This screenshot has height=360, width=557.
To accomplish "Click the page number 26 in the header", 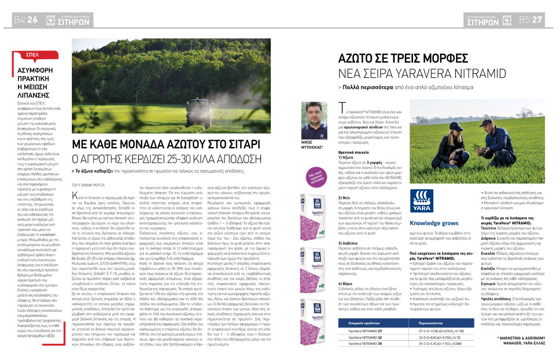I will (32, 20).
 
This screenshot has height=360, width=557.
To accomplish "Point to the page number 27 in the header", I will (537, 20).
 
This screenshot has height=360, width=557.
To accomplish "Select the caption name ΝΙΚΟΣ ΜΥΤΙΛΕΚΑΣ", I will (314, 144).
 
